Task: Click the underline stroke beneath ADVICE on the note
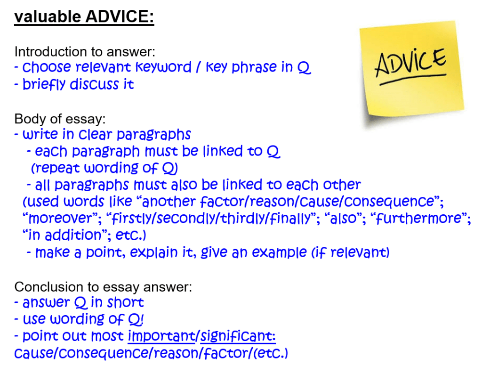tap(413, 79)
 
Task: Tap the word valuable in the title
tap(48, 16)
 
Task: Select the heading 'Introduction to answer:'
tap(85, 52)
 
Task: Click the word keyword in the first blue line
tap(163, 67)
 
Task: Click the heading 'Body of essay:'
tap(60, 119)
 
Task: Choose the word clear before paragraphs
tap(96, 134)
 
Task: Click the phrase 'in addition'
tap(64, 236)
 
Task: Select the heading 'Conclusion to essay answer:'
tap(103, 287)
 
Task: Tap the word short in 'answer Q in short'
tap(125, 302)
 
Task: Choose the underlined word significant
tap(238, 336)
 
